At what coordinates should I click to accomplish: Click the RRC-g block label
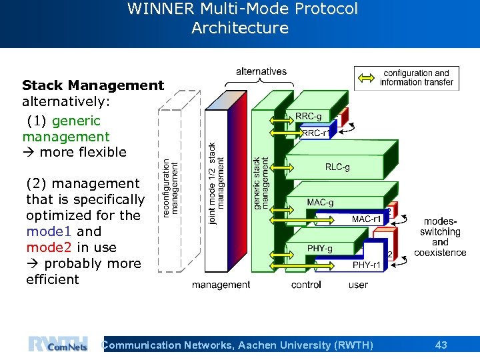(x=308, y=116)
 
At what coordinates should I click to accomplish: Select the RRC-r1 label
(x=315, y=133)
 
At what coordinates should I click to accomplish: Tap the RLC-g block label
(x=337, y=167)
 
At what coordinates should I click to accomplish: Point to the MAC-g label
(x=320, y=202)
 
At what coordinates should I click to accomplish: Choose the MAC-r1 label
(x=367, y=219)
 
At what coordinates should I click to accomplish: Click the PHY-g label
(x=320, y=249)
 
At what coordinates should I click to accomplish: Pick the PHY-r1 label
(x=367, y=265)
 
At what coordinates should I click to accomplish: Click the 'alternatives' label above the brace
(x=261, y=71)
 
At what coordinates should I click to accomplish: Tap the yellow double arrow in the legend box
(x=366, y=78)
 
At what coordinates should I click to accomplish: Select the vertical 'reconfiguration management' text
(x=171, y=187)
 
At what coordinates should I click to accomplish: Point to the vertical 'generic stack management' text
(x=261, y=183)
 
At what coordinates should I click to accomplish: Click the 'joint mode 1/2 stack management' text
(x=217, y=183)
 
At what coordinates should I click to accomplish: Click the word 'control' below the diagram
(x=306, y=285)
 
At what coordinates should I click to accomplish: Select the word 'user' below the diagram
(x=358, y=285)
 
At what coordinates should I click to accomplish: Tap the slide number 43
(x=441, y=345)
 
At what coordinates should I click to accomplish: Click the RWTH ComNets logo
(x=58, y=344)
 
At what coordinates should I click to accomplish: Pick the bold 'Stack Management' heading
(x=93, y=85)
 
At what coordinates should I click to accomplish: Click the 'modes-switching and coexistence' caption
(x=440, y=237)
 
